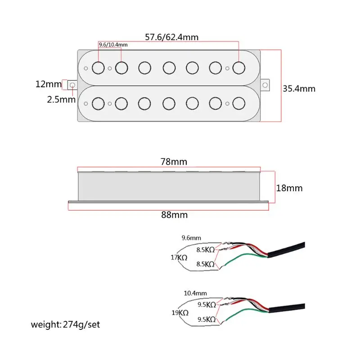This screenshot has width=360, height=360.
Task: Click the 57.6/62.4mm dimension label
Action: coord(171,37)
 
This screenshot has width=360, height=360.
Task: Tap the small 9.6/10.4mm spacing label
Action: coord(113,45)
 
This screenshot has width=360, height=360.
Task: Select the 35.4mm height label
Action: coord(299,89)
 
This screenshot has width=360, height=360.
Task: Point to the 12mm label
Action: coord(49,84)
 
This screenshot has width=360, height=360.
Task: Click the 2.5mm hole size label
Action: coord(61,99)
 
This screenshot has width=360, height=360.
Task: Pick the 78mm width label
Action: coord(174,162)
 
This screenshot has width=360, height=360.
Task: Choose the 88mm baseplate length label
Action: coord(174,215)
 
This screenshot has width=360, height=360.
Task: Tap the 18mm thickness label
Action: coord(289,188)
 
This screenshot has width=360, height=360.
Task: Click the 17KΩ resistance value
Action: coord(179,257)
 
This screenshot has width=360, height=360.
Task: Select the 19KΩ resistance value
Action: coord(180,312)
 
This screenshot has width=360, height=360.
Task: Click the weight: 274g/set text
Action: coord(65,324)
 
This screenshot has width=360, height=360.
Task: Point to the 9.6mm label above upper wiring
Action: coord(191,238)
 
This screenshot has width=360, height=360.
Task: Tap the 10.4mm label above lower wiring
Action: coord(195,293)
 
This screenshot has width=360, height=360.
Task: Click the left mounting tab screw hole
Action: coord(72,85)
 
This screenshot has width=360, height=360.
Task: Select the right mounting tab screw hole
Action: coord(265,85)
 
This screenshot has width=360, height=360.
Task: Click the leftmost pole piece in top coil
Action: coord(98,68)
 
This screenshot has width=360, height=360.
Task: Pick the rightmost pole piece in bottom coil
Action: coord(239,103)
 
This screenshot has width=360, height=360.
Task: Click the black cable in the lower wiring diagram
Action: coord(287,308)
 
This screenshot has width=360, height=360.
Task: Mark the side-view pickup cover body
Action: coord(169,186)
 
